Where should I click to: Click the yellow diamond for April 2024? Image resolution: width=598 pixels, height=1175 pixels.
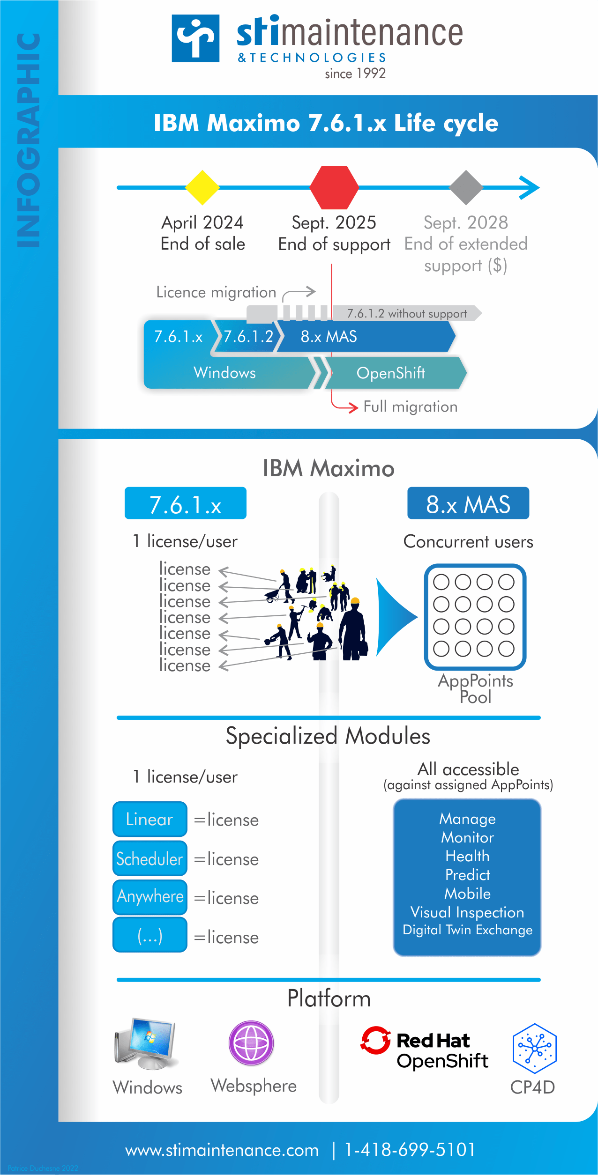(202, 187)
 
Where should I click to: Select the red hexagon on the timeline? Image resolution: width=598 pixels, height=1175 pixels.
(334, 187)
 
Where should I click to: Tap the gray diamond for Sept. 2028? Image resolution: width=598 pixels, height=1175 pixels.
(466, 187)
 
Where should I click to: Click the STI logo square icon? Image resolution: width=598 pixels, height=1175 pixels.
(195, 38)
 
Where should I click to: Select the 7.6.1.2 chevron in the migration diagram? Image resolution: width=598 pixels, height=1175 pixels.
(248, 336)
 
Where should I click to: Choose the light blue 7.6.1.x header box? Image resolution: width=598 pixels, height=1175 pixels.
(186, 503)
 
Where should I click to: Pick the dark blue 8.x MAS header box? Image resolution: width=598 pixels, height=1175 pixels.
(468, 503)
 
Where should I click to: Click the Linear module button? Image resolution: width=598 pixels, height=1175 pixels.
(150, 819)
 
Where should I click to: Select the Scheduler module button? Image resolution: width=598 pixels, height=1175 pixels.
(150, 858)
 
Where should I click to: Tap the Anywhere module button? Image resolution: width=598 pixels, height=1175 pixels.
(150, 897)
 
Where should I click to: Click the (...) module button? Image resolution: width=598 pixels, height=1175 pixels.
(150, 935)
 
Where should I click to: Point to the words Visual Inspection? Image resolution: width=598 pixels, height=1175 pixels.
(467, 912)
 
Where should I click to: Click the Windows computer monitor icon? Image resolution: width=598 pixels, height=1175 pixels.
(147, 1043)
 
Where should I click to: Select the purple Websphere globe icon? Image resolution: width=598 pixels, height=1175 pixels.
(251, 1043)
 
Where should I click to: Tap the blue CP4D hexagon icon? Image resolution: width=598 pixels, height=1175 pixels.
(534, 1048)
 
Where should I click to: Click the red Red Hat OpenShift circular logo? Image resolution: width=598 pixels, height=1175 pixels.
(375, 1041)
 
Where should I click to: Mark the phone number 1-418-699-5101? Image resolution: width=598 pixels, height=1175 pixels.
(410, 1150)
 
